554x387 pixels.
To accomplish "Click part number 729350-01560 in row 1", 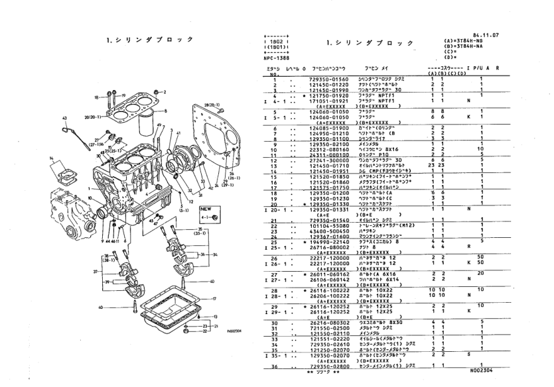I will (330, 78).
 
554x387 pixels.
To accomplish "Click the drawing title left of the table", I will (143, 40).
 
